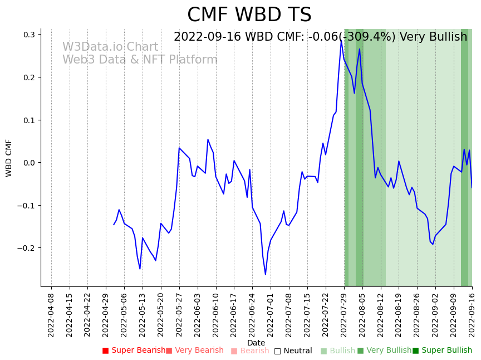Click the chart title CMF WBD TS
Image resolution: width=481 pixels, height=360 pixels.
coord(249,15)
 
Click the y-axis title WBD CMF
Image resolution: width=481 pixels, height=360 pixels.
coord(9,158)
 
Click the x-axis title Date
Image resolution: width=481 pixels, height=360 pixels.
coord(256,343)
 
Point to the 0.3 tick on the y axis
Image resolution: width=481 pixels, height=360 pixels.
coord(28,35)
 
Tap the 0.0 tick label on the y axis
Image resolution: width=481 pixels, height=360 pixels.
coord(28,163)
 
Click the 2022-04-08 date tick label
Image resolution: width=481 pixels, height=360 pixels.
coord(51,315)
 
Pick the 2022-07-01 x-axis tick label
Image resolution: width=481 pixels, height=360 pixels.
coord(271,315)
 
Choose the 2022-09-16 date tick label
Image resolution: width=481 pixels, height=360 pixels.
coord(472,315)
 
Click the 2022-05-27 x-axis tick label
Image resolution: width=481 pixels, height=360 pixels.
coord(179,315)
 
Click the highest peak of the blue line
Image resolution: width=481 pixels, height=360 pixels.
coord(341,40)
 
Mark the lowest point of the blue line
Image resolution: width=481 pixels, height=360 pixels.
coord(266,274)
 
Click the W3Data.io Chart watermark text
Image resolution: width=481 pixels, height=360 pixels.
coord(110,47)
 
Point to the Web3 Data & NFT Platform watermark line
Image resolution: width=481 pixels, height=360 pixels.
coord(140,60)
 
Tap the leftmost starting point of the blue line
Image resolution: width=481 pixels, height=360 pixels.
coord(114,225)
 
